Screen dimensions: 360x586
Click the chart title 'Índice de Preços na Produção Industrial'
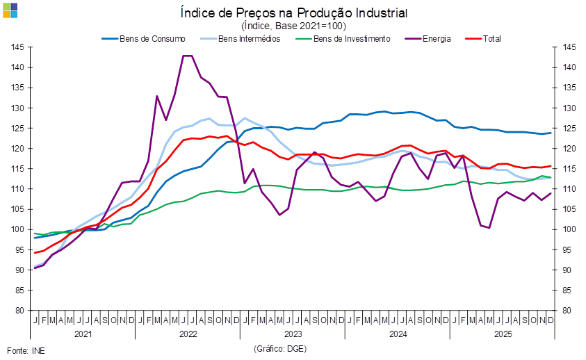coord(293,13)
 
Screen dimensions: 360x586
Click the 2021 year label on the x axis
coord(83,334)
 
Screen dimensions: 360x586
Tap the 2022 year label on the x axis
coord(188,334)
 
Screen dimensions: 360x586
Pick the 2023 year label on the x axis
coord(292,334)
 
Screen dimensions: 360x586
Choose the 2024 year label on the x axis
coord(397,334)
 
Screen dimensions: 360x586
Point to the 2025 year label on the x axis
coord(501,334)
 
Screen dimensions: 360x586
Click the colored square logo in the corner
coord(10,10)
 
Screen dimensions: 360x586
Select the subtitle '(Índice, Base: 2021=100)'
coord(293,26)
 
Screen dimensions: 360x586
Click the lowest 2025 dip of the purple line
coord(489,227)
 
